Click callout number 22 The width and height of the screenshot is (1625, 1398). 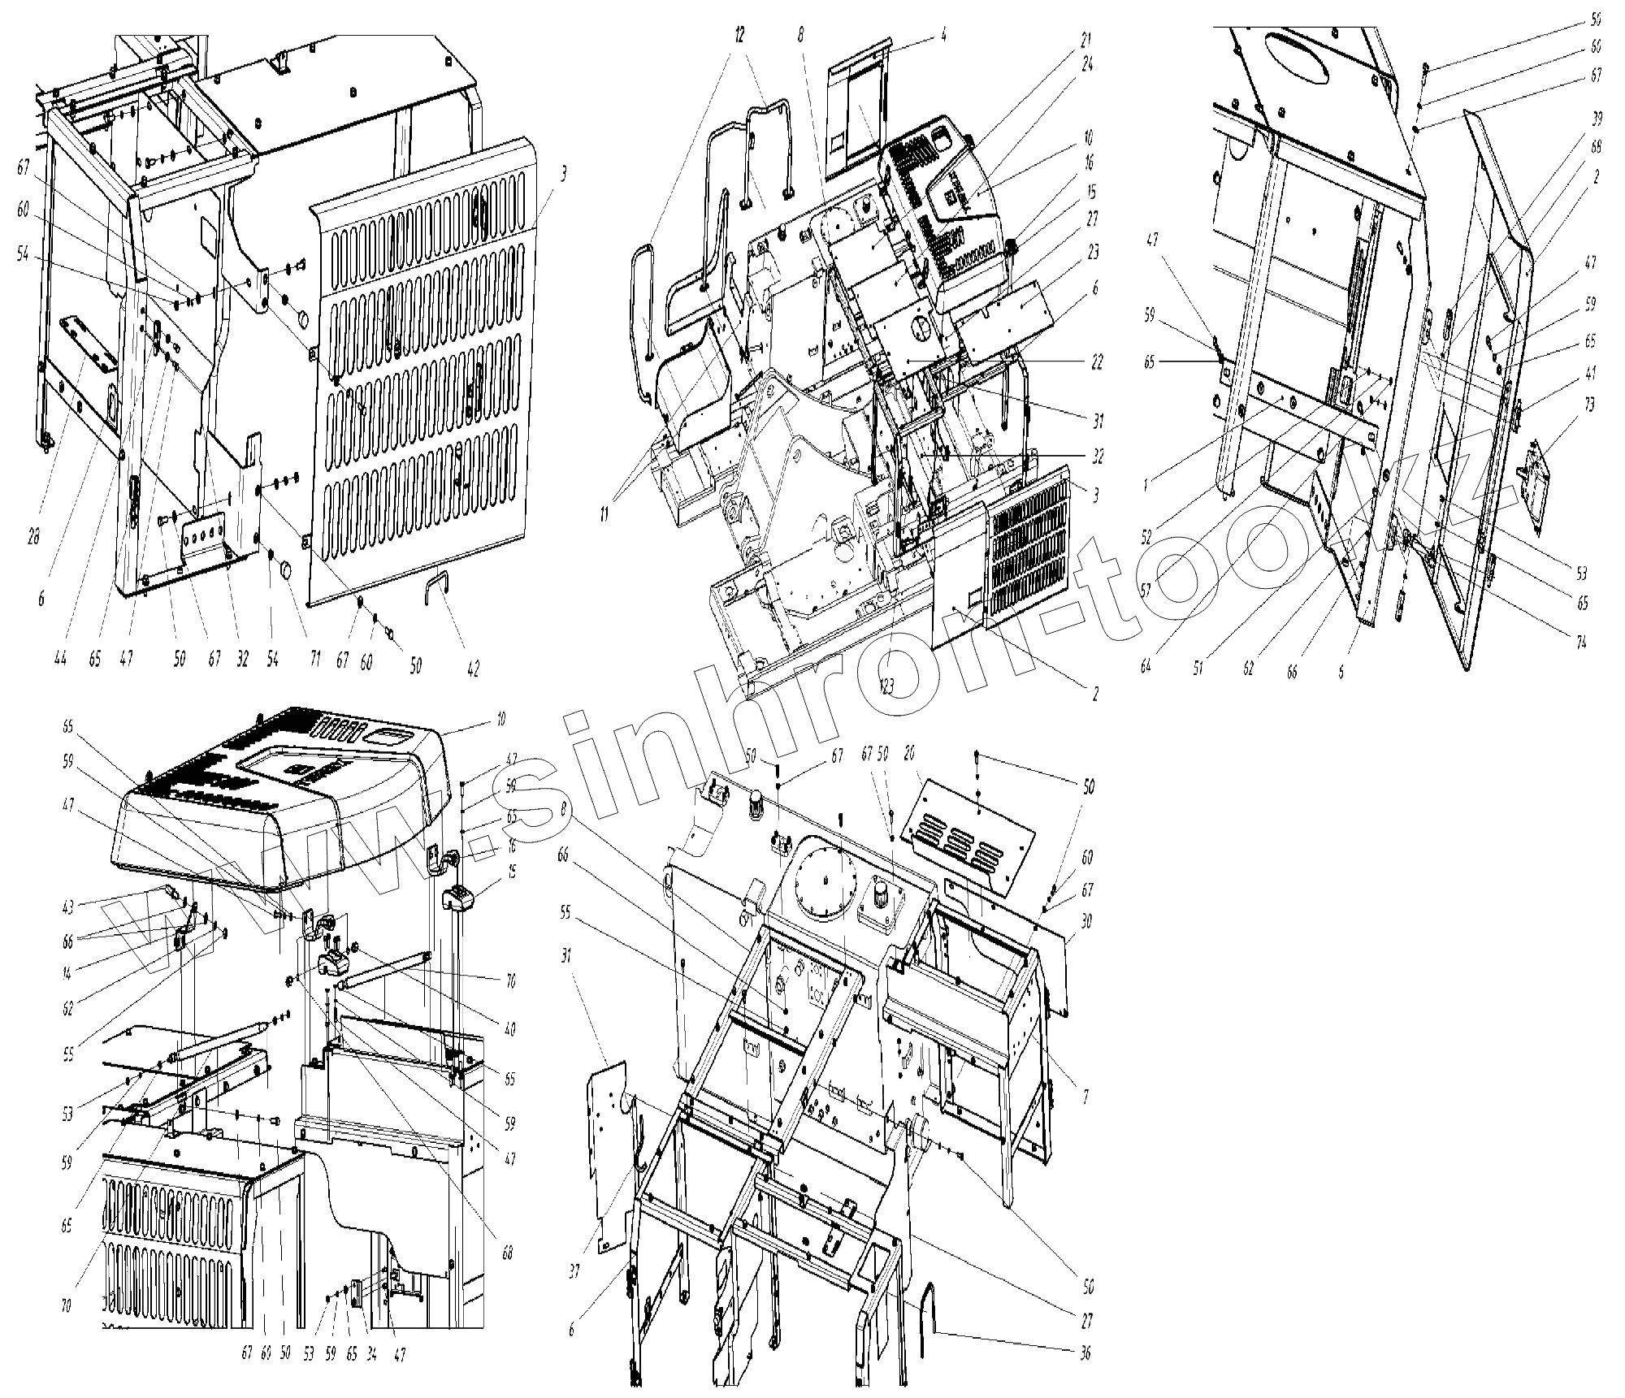point(1096,362)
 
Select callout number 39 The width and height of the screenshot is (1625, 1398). point(1597,119)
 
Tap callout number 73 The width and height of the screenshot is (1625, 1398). point(1589,405)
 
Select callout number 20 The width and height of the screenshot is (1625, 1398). point(909,754)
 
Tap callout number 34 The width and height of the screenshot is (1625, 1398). point(371,1354)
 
